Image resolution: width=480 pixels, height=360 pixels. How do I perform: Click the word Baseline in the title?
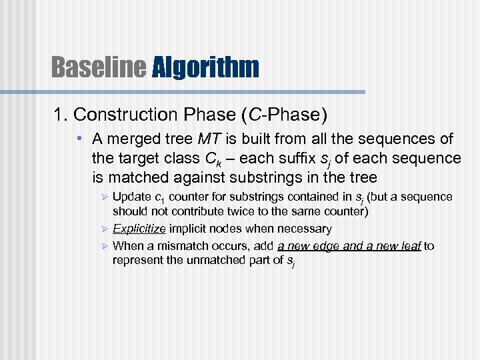pyautogui.click(x=99, y=67)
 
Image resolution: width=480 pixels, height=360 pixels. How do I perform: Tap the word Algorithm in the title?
pyautogui.click(x=205, y=67)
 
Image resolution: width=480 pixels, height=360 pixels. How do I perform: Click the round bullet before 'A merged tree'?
pyautogui.click(x=79, y=139)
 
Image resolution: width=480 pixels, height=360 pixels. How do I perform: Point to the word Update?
pyautogui.click(x=132, y=197)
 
